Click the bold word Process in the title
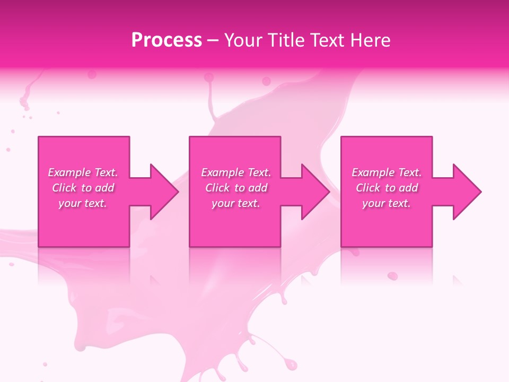coord(166,40)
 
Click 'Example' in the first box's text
coord(69,172)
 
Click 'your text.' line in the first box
coord(83,203)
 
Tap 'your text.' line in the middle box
coord(236,203)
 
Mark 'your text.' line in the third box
coord(387,203)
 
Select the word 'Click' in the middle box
coord(217,188)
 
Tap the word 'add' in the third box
coord(408,188)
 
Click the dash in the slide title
coord(213,40)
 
